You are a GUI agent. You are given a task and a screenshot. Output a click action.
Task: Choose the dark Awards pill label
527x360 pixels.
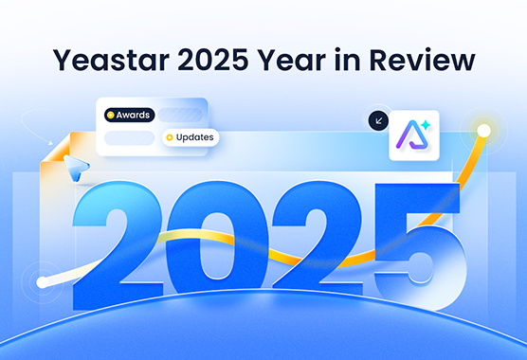(130, 116)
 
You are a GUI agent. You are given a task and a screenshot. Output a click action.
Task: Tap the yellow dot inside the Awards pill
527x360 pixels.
(111, 116)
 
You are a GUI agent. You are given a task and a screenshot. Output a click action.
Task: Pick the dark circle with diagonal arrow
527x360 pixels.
(378, 121)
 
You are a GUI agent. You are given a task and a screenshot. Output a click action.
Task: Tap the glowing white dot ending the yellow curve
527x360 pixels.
(483, 130)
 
